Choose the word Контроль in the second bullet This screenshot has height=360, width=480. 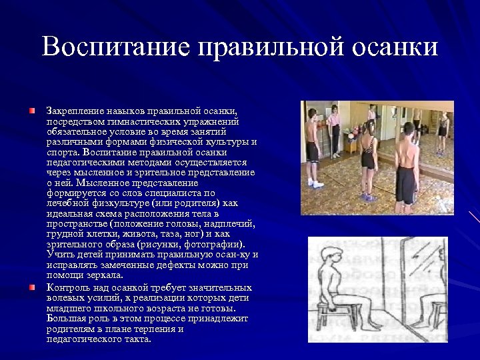pos(65,287)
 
